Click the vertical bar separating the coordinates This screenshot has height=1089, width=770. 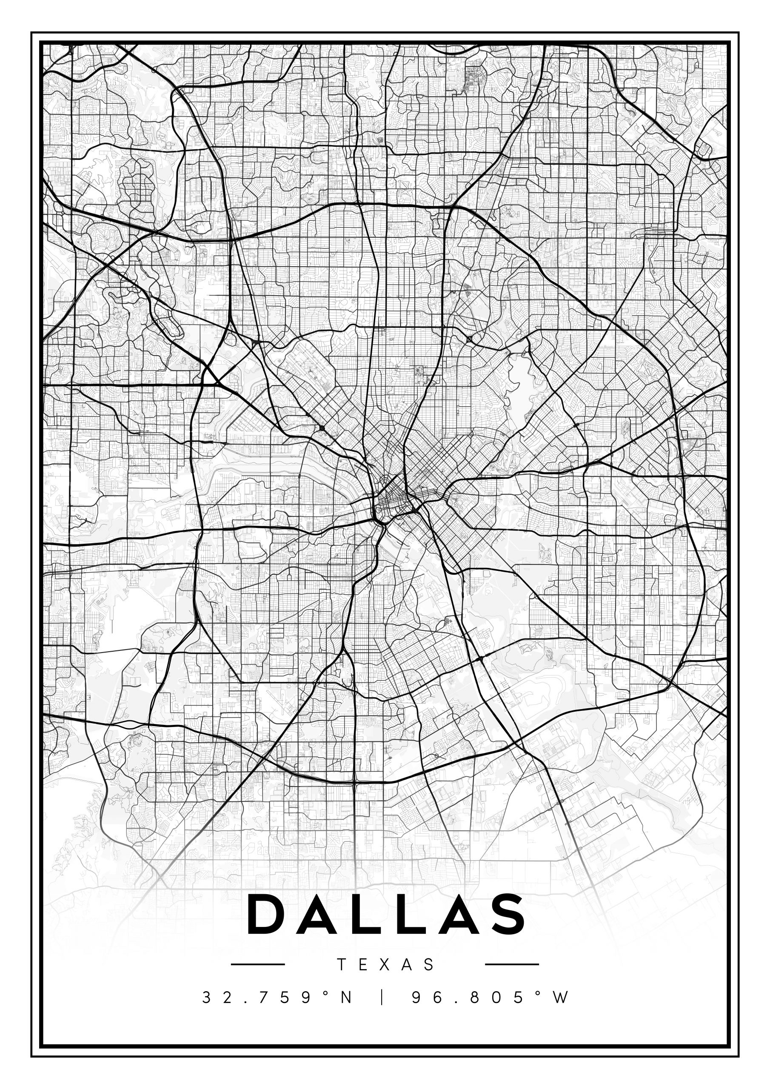click(382, 998)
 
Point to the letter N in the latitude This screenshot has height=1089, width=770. click(346, 998)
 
